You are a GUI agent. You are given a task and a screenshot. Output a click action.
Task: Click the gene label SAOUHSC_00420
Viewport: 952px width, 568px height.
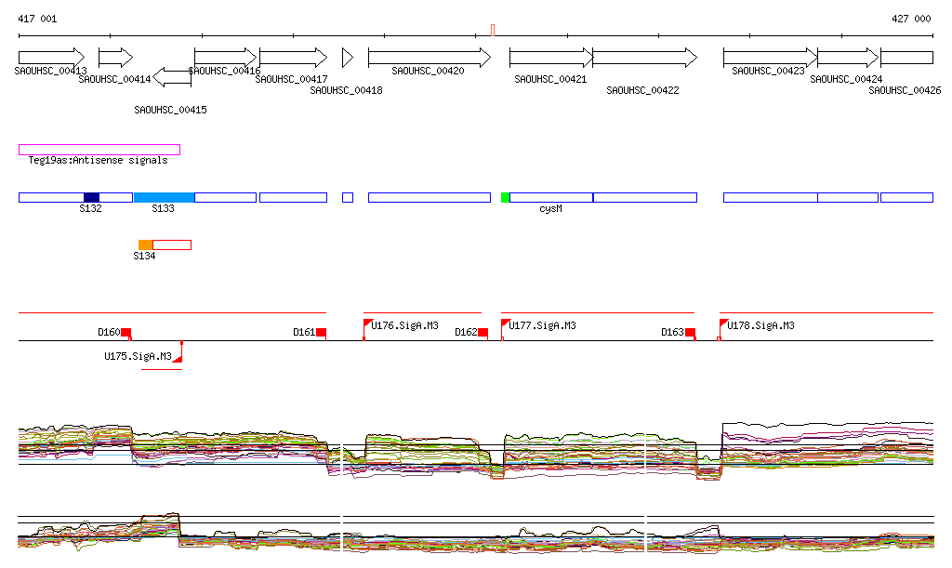click(x=428, y=71)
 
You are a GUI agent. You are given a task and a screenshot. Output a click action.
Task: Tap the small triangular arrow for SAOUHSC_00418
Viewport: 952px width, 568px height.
click(x=347, y=57)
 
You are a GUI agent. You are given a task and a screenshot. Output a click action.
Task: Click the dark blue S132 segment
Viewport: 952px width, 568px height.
click(x=91, y=197)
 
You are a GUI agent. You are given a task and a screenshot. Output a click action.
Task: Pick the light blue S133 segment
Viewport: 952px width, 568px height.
click(x=164, y=197)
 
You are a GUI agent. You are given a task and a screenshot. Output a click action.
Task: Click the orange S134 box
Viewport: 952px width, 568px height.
click(x=145, y=244)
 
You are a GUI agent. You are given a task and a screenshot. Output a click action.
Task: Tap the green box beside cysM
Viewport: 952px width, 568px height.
click(x=505, y=197)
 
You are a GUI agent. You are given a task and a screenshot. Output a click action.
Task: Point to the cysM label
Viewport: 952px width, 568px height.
click(x=550, y=209)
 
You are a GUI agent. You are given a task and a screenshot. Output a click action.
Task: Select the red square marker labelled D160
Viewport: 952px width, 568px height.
click(x=126, y=332)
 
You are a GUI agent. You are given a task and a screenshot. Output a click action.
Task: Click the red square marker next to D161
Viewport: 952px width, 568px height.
click(x=321, y=332)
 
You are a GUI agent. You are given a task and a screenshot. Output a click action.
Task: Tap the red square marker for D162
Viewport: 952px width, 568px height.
click(x=483, y=332)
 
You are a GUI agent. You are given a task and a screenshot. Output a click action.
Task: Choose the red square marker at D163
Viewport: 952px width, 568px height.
click(x=690, y=332)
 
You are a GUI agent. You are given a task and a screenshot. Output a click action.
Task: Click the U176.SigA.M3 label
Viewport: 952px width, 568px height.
click(x=404, y=325)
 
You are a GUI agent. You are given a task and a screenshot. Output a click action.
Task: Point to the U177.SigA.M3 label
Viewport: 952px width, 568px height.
click(x=542, y=325)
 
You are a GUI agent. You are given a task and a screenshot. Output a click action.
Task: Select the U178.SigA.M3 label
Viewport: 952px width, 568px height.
click(x=760, y=325)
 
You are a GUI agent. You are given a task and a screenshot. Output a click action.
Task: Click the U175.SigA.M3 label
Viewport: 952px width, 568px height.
click(x=138, y=356)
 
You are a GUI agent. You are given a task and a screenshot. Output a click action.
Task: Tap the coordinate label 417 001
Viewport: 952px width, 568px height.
click(x=37, y=19)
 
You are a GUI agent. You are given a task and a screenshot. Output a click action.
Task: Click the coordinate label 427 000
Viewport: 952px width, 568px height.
click(x=911, y=19)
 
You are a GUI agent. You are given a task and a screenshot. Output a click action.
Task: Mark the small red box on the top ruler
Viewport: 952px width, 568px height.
click(x=493, y=30)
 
